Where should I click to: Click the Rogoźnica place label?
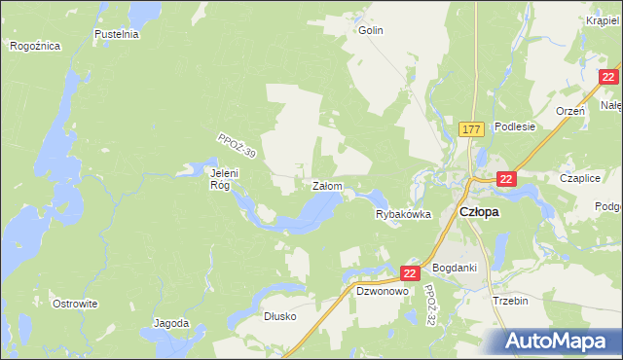point(35,46)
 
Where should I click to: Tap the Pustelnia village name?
point(117,34)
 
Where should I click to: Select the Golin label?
point(371,30)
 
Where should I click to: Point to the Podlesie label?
point(515,126)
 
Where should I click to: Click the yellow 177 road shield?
point(472,128)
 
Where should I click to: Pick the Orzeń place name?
point(569,111)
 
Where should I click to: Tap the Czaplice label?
point(579,178)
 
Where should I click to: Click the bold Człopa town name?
point(479,212)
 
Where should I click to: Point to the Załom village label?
point(326,185)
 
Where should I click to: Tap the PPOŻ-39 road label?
point(237,147)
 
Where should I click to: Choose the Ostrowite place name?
point(76,304)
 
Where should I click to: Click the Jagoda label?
point(171,322)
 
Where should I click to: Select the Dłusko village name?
point(279,316)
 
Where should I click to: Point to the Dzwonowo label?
point(381,290)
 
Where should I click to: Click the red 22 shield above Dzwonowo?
point(409,275)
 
